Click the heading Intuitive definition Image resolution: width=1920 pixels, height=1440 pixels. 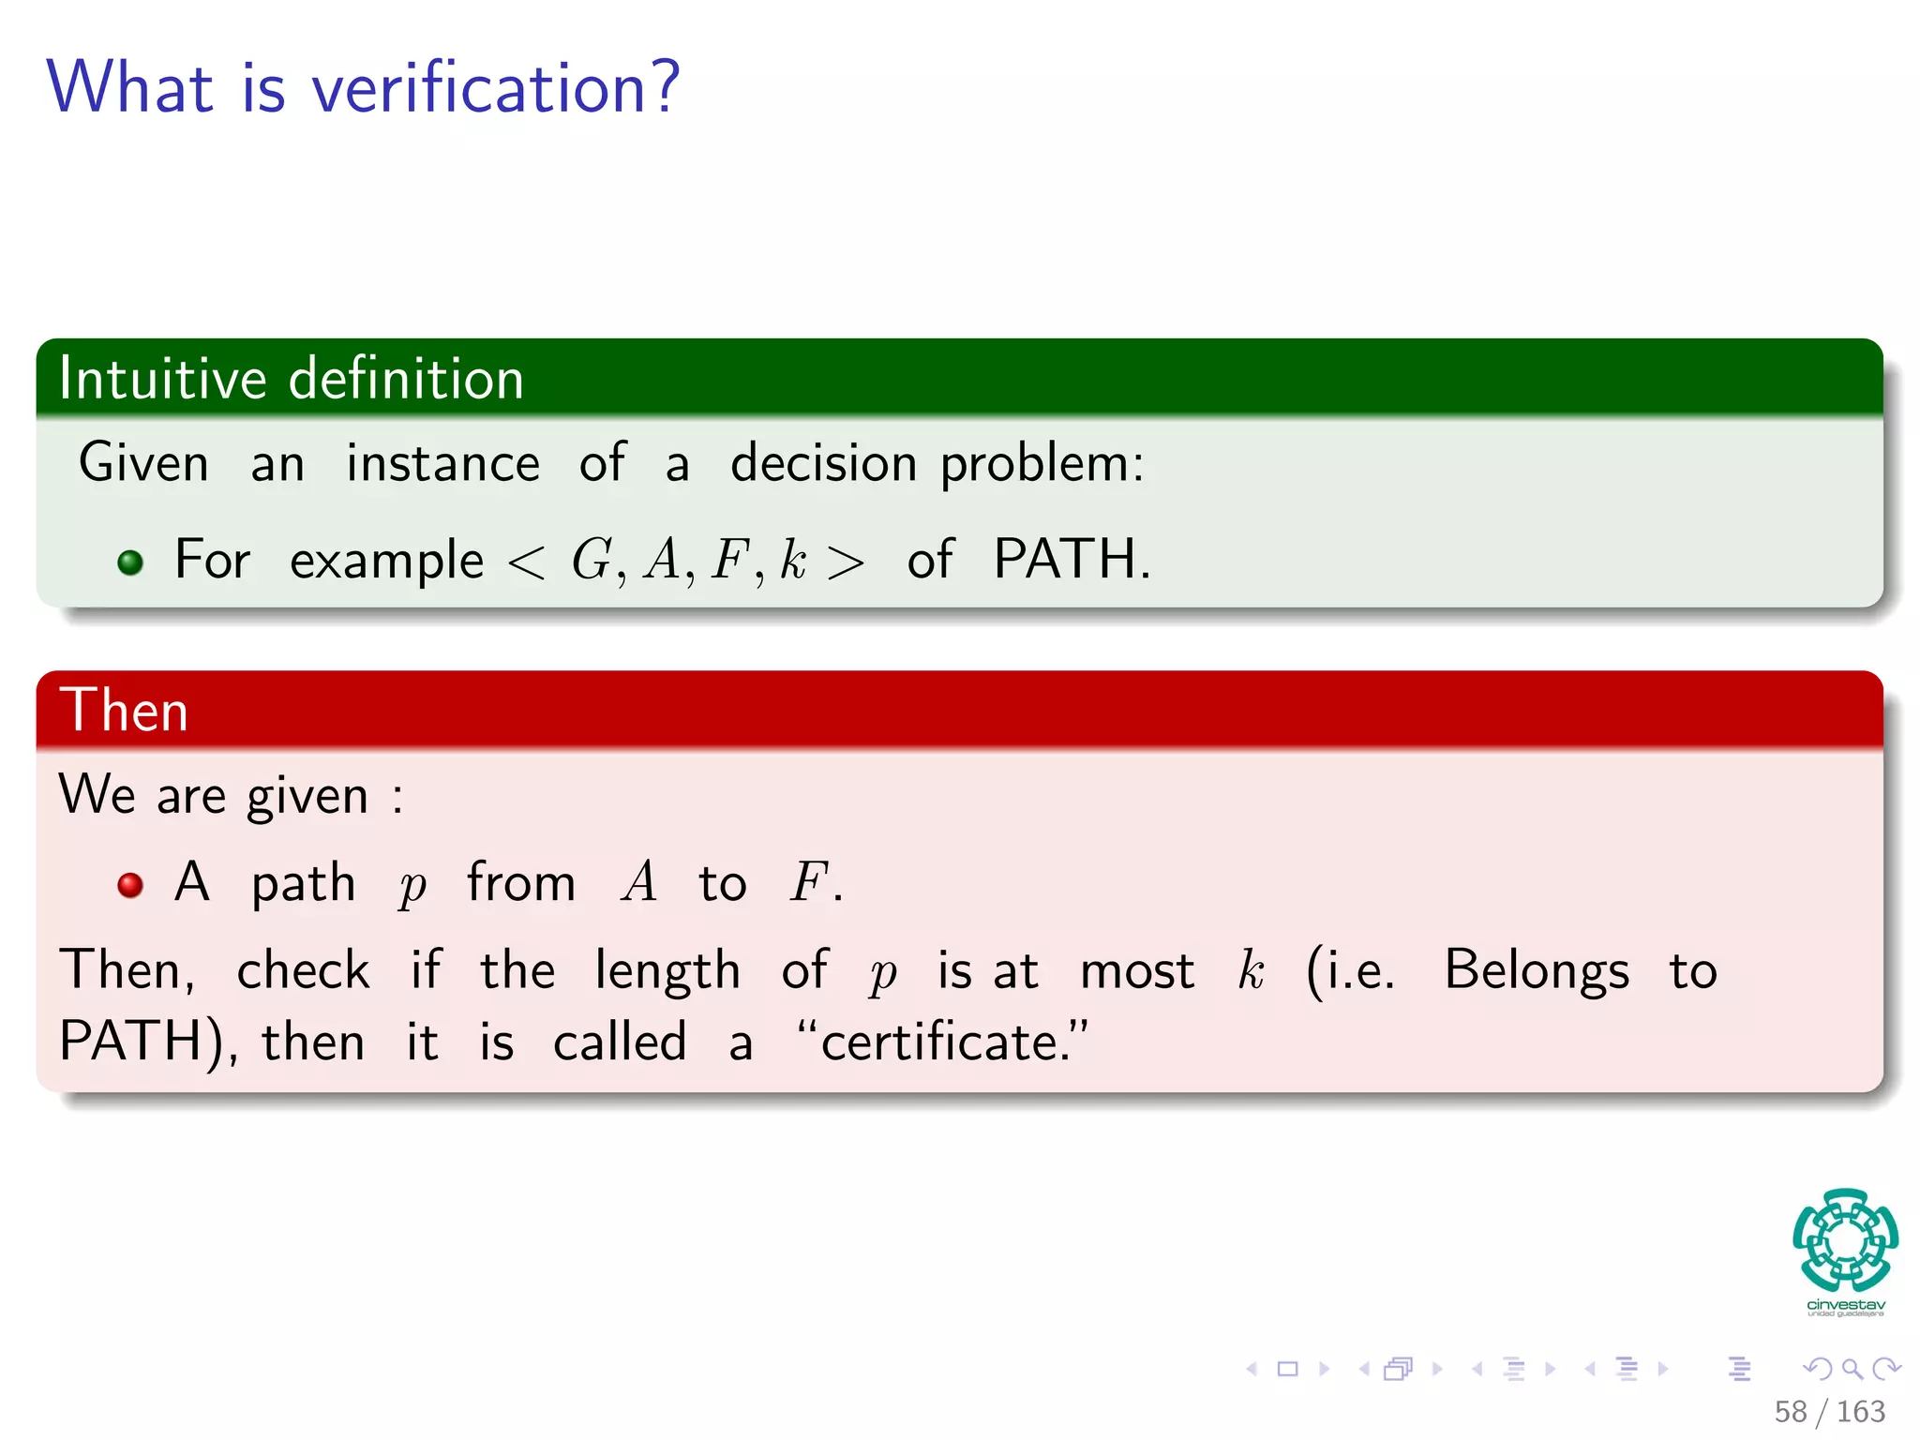(291, 379)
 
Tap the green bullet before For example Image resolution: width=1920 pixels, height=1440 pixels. (130, 562)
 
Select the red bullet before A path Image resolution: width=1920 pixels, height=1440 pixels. (130, 885)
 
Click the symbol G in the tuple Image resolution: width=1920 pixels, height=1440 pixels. (592, 561)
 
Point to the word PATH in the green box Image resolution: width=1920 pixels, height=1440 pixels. (1064, 560)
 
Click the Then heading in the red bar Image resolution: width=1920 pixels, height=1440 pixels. (124, 710)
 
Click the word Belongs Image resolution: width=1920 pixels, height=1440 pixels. (1536, 970)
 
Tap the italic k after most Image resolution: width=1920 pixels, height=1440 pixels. (1251, 969)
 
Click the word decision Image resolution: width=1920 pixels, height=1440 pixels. (823, 463)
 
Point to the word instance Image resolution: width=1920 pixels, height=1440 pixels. (442, 463)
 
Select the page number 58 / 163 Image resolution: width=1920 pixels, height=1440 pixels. (1829, 1411)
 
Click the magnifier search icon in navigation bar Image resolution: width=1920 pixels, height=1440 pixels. (1852, 1370)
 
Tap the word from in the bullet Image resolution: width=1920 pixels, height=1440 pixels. (520, 883)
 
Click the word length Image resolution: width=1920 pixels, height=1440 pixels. (667, 970)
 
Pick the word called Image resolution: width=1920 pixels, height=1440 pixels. (620, 1042)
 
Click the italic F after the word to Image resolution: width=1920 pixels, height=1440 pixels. (808, 882)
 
